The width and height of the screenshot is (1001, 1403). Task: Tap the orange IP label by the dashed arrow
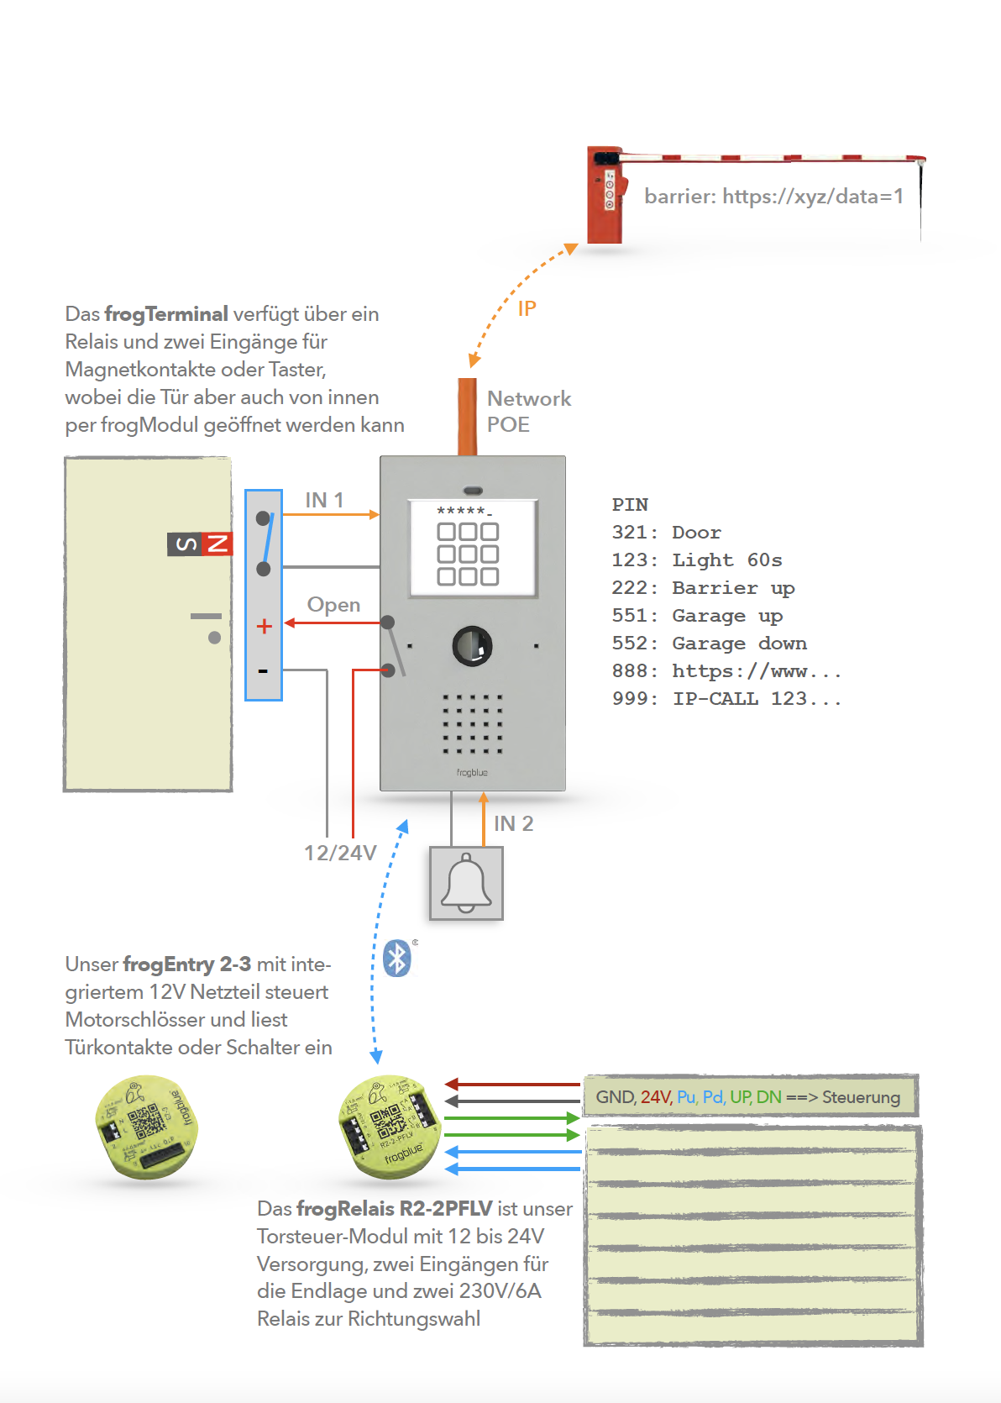coord(527,309)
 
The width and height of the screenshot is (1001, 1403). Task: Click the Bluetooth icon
coord(397,959)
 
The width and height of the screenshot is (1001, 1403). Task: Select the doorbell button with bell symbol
coord(466,883)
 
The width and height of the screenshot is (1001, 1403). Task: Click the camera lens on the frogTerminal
coord(472,645)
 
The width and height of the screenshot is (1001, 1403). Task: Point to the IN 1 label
coord(324,500)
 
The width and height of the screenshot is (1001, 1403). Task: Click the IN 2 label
coord(513,823)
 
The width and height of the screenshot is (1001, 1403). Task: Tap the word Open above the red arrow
coord(333,605)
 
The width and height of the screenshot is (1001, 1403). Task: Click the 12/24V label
coord(340,854)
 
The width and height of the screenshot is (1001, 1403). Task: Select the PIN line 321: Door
coord(667,533)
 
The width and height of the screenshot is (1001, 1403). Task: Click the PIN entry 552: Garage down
coord(710,644)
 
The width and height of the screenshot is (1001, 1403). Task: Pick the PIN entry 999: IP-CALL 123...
coord(726,699)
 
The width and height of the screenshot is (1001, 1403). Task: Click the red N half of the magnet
coord(217,544)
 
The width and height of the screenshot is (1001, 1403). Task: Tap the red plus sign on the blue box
coord(265,626)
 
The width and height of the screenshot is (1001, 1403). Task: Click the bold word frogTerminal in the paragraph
coord(166,314)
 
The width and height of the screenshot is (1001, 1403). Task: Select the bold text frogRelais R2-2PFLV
coord(394,1209)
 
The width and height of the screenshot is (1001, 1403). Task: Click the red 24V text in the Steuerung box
coord(656,1097)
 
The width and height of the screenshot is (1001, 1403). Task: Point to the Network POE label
coord(529,411)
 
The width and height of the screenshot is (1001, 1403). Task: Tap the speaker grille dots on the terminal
coord(472,723)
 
